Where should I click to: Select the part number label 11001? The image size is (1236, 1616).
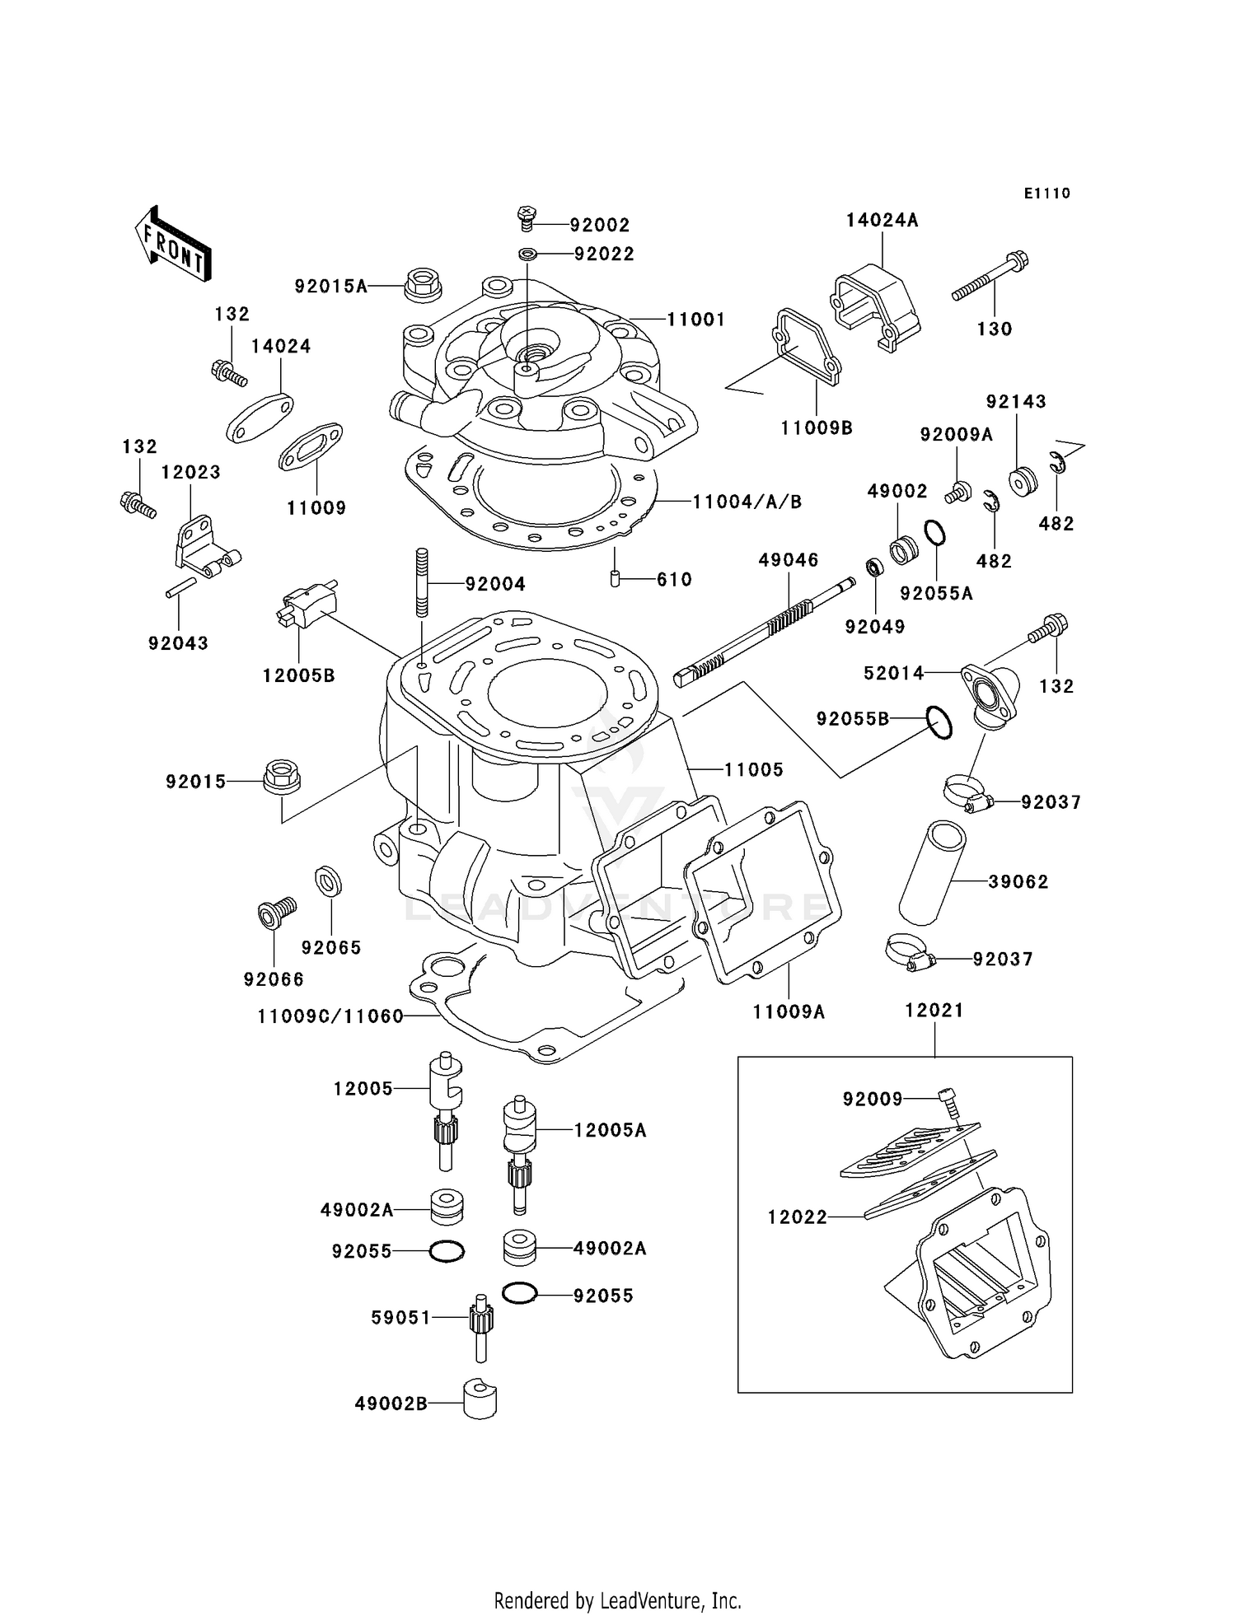click(x=695, y=320)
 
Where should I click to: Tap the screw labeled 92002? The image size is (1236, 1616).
click(x=526, y=218)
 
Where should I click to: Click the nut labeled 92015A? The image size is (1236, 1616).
click(x=422, y=284)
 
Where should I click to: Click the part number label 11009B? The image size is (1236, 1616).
click(x=817, y=428)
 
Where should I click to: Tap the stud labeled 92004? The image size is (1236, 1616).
click(x=422, y=582)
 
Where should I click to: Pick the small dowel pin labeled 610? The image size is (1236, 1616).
click(x=615, y=578)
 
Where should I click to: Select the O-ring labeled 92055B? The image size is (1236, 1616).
click(x=939, y=722)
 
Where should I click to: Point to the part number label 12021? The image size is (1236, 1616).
click(x=934, y=1010)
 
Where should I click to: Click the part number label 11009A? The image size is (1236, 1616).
click(x=789, y=1011)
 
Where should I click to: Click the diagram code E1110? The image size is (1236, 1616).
click(x=1046, y=194)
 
